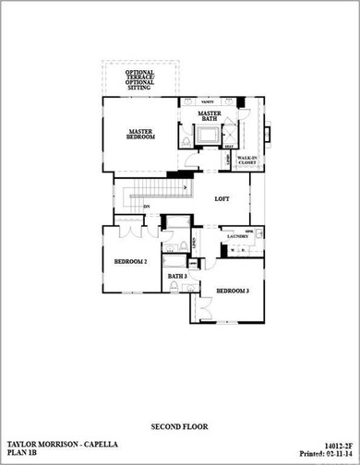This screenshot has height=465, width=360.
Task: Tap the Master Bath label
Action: [210, 117]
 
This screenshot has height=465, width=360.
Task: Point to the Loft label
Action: [222, 198]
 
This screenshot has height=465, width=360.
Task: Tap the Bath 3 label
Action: [177, 276]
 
